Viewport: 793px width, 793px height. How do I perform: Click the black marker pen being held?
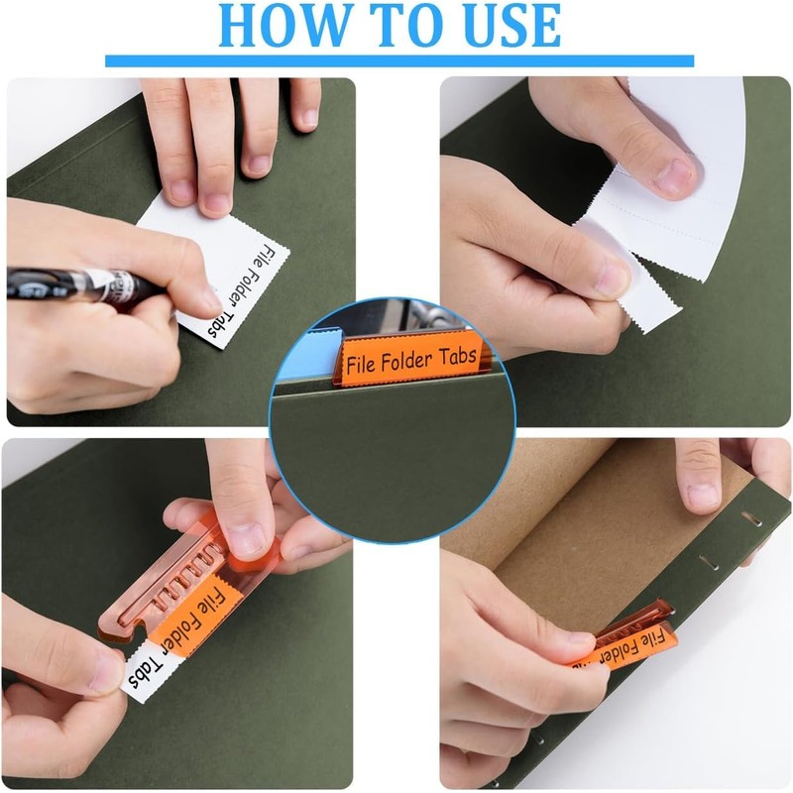79,283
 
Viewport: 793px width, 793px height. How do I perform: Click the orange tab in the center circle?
409,358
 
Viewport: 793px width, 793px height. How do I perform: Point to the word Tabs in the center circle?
457,353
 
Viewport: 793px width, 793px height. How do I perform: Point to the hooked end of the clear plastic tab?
119,624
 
